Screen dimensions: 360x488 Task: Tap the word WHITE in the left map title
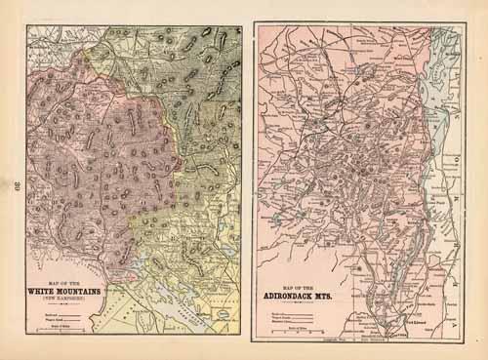[x=50, y=291]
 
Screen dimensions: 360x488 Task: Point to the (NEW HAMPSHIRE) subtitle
[x=66, y=300]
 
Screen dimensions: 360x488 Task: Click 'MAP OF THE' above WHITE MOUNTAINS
[x=66, y=282]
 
